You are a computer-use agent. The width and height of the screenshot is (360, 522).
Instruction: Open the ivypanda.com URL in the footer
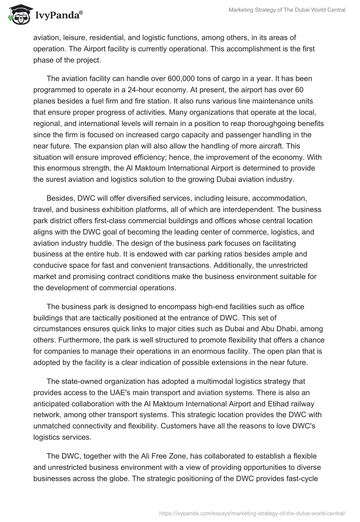tap(252, 513)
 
